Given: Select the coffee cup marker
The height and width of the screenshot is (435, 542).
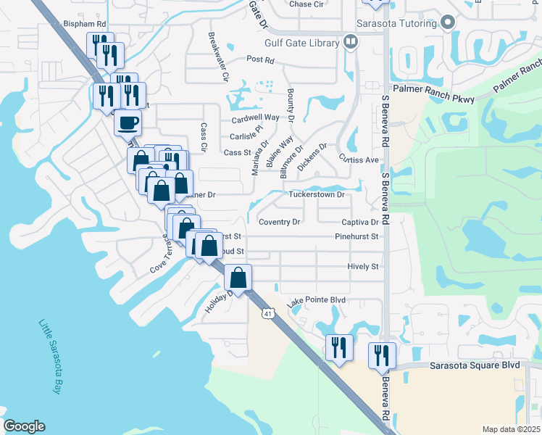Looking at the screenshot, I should click(128, 123).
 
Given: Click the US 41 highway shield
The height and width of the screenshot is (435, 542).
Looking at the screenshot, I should click(268, 313).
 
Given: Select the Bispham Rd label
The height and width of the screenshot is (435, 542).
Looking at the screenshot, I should click(85, 24).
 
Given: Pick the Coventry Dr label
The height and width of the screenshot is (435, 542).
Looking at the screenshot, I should click(279, 223).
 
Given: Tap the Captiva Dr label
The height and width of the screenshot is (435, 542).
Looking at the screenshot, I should click(359, 223).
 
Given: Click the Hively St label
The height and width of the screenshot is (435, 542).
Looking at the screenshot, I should click(363, 267).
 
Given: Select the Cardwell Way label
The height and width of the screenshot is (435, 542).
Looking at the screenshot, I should click(255, 117).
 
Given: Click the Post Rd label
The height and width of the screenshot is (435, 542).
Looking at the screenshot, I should click(260, 59).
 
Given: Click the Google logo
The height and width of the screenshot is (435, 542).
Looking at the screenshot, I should click(24, 426).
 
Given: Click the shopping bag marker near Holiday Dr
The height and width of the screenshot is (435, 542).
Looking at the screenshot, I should click(238, 278).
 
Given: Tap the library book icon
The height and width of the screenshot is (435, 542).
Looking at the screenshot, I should click(351, 42).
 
